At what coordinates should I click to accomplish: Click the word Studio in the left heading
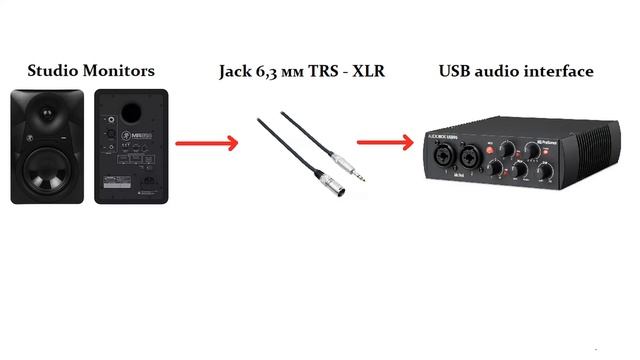click(52, 71)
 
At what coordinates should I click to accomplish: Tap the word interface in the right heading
click(559, 71)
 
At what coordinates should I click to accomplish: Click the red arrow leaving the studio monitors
click(207, 143)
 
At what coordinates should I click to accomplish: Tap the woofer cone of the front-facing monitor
click(49, 166)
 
